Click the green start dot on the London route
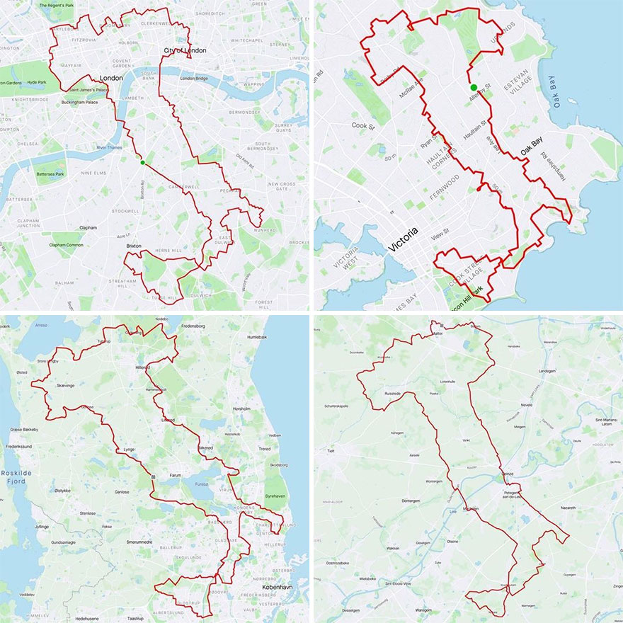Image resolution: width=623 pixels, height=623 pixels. click(142, 163)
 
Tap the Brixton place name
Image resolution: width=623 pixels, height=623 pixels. click(133, 246)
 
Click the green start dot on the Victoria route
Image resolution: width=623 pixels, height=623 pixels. click(474, 88)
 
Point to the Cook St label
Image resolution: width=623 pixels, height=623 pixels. click(366, 125)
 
